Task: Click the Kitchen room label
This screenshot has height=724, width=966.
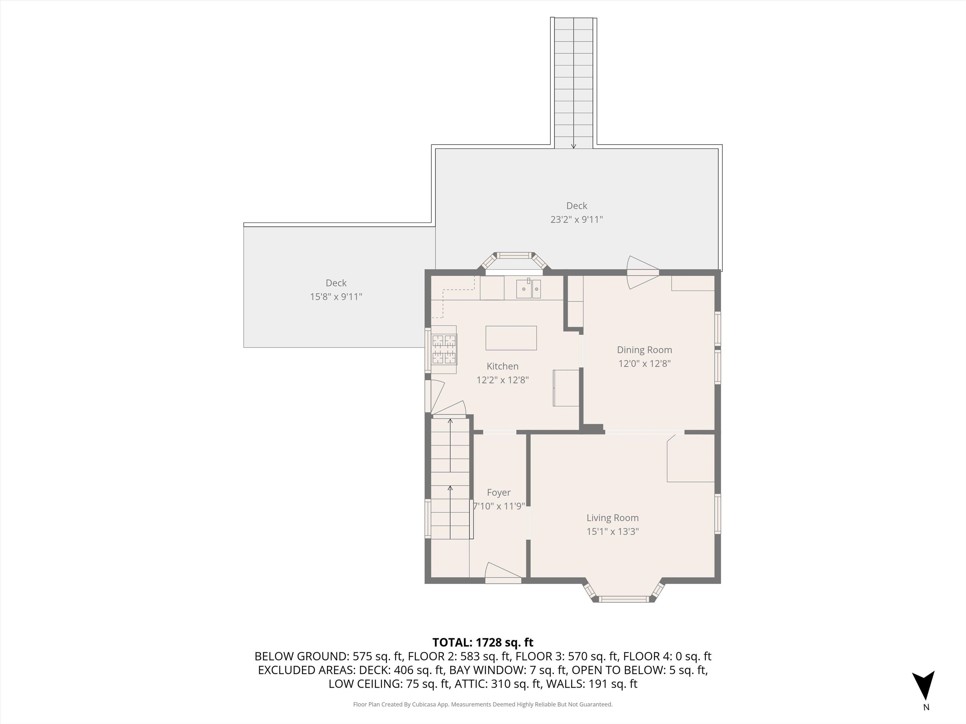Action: [502, 366]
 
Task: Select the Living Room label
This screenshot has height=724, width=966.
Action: [612, 518]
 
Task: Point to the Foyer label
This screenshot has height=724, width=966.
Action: [498, 492]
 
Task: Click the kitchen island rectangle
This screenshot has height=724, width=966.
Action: [511, 338]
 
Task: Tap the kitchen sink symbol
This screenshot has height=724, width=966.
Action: [528, 289]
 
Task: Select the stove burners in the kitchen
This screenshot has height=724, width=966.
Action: [444, 349]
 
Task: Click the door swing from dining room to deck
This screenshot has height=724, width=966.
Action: [642, 272]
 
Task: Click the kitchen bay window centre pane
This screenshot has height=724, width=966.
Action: [514, 255]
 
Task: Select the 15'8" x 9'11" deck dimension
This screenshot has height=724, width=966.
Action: [336, 297]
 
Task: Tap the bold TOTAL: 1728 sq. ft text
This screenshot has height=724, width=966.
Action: [483, 642]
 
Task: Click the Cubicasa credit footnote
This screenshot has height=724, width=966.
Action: [483, 705]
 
